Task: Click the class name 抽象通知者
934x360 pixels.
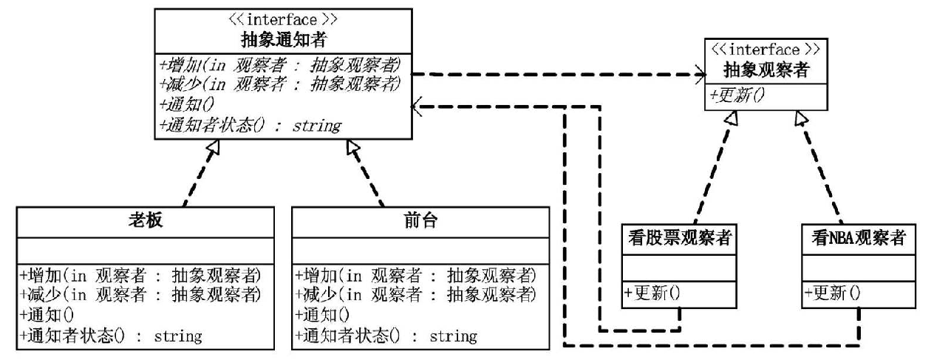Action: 284,40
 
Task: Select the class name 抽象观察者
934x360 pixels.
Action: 766,69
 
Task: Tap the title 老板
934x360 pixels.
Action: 145,220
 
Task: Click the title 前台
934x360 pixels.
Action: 420,220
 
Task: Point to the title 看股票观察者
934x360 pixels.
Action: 680,238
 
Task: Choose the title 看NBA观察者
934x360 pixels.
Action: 859,238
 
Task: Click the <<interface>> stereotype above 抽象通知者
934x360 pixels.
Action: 283,20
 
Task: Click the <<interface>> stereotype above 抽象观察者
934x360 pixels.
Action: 766,50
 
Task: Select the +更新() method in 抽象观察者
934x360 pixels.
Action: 737,95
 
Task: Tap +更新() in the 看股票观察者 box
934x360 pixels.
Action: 652,293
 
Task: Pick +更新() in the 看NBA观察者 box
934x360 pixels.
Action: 832,293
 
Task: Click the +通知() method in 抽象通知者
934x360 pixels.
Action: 187,104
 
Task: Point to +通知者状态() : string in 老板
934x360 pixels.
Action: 111,336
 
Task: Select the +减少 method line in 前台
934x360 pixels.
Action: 415,295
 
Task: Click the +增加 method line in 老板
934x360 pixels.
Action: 140,275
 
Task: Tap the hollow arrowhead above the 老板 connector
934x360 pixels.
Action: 213,147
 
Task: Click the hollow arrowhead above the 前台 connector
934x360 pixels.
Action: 352,147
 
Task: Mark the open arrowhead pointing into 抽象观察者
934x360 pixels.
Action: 700,75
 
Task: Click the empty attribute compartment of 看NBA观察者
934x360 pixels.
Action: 859,268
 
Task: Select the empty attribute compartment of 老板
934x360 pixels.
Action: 145,251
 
